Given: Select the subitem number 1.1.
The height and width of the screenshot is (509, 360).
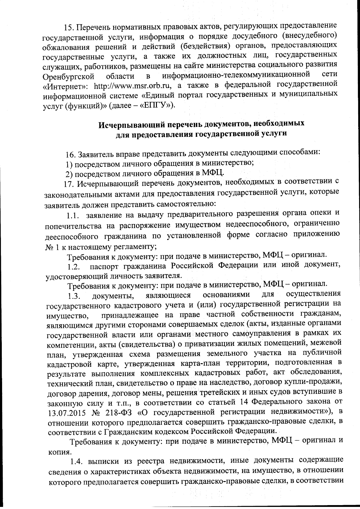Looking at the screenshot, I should pyautogui.click(x=73, y=215).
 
